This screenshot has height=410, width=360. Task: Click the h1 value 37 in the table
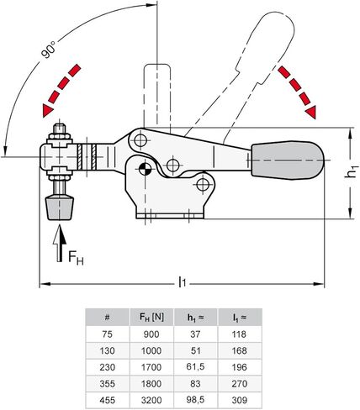coord(194,334)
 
